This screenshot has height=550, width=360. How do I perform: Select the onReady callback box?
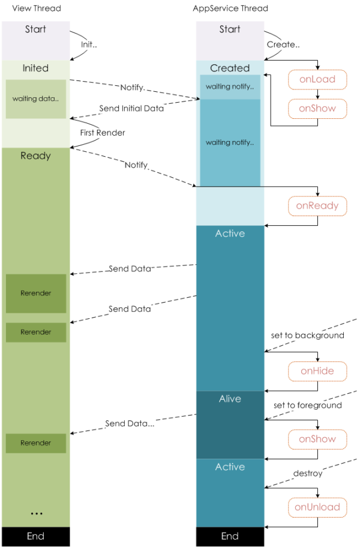(x=317, y=206)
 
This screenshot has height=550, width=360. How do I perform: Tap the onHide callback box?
(x=317, y=370)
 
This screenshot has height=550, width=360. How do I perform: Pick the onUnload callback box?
(x=317, y=507)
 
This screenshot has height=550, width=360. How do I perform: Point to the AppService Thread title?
(x=230, y=8)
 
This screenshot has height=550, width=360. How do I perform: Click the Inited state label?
(x=35, y=68)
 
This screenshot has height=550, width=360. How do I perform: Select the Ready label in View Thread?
(x=35, y=156)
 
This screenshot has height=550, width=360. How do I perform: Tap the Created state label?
(x=230, y=68)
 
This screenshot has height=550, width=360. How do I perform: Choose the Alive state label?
(x=230, y=399)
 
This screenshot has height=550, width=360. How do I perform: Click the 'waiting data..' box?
(x=35, y=98)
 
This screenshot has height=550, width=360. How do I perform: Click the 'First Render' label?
(x=103, y=132)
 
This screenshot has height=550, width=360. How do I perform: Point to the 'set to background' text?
(x=307, y=335)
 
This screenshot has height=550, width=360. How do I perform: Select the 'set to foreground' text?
(x=307, y=405)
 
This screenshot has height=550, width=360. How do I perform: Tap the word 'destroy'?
(x=307, y=473)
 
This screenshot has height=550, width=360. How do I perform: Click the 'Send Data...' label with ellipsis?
(x=130, y=423)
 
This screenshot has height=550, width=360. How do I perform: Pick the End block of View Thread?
(x=35, y=536)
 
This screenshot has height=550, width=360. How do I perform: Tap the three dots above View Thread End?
(x=36, y=514)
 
